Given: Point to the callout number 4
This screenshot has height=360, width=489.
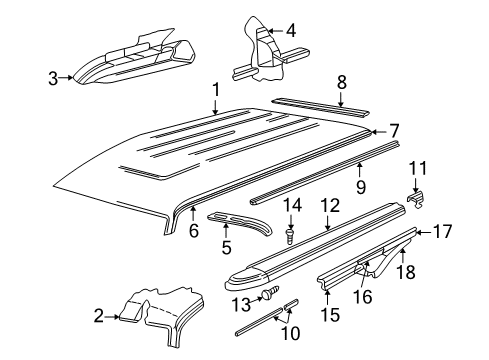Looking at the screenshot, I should [x=290, y=31].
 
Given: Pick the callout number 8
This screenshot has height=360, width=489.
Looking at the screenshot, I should [x=342, y=83].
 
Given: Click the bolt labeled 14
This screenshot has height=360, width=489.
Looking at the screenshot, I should [x=290, y=236].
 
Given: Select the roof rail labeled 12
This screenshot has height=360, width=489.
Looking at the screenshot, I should [x=320, y=258].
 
